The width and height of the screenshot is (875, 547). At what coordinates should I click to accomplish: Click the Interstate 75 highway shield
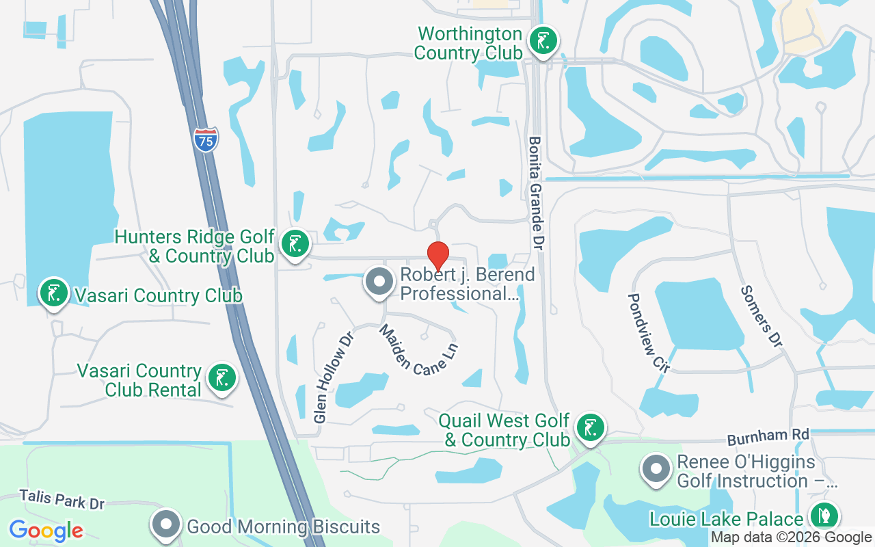pos(206,139)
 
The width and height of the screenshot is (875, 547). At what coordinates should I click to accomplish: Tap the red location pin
pos(437,256)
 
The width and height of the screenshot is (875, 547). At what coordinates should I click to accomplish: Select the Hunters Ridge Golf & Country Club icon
pos(295,243)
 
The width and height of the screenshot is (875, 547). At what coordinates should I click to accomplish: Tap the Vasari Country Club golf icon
pos(53,293)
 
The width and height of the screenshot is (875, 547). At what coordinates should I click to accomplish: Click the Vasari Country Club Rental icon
pos(221,378)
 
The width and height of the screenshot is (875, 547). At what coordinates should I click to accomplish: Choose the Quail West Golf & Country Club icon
pos(590,427)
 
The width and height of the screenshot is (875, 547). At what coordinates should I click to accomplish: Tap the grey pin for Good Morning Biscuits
pos(165,525)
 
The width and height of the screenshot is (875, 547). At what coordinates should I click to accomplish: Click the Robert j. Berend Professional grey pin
pos(379,281)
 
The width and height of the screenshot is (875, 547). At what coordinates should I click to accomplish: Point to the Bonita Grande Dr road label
pos(537,193)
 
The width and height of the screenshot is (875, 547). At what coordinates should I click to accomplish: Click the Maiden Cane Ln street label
pos(418,349)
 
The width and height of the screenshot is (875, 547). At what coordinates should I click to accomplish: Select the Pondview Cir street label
pos(647,332)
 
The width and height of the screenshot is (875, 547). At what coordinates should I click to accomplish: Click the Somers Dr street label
pos(760,316)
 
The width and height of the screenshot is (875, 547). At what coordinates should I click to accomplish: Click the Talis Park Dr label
pos(62,499)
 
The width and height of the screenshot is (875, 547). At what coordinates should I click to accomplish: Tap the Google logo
pos(46,530)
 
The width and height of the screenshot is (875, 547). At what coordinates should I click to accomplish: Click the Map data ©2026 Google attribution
pos(791,537)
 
